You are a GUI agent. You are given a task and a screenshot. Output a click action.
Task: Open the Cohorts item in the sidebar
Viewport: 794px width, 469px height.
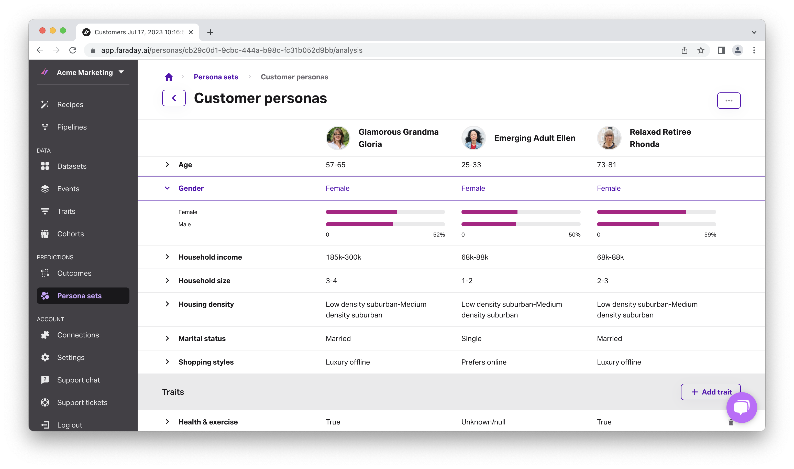click(70, 234)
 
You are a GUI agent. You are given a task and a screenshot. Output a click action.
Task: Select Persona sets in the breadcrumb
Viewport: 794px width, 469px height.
click(216, 77)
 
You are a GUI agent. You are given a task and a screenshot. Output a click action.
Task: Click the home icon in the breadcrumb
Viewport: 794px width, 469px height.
click(169, 77)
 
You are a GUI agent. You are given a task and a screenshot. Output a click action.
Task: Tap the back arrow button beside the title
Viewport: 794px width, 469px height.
click(174, 98)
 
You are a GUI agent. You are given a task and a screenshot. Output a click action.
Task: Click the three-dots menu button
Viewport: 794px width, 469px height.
click(729, 101)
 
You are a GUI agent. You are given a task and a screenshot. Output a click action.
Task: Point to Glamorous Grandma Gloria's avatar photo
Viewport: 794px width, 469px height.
click(338, 138)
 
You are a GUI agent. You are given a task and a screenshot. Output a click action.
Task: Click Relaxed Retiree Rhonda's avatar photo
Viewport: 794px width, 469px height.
click(609, 138)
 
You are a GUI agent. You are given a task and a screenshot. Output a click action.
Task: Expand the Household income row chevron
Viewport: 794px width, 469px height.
click(167, 257)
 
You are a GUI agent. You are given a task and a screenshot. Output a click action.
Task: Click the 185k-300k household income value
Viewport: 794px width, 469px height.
click(344, 257)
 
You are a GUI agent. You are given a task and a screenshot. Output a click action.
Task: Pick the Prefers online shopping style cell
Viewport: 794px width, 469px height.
click(484, 362)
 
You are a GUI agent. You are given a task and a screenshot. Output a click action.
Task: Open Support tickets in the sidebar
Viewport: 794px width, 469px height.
click(82, 403)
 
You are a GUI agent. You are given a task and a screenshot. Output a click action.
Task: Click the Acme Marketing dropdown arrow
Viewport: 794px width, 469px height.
click(121, 72)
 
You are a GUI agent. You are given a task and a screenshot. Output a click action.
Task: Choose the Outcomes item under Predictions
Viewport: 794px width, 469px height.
click(74, 273)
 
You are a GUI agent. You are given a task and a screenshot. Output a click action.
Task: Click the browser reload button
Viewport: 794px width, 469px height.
click(73, 50)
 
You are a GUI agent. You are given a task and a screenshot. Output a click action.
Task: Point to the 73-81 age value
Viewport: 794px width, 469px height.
click(606, 165)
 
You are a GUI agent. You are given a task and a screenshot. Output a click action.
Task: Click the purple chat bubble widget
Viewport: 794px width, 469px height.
click(741, 407)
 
